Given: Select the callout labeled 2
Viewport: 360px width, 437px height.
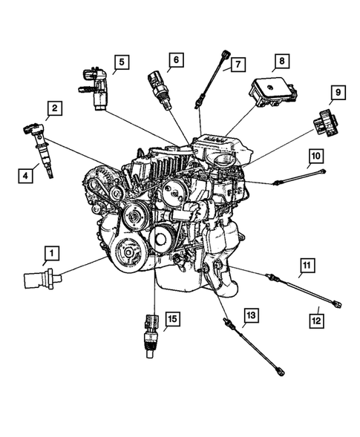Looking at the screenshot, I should click(x=53, y=112).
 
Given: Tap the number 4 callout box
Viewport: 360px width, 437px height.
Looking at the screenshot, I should click(x=26, y=176).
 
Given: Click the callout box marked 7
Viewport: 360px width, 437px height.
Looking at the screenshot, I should click(x=236, y=65).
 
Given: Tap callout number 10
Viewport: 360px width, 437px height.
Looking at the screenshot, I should click(x=315, y=156).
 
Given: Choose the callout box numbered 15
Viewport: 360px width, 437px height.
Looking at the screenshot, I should click(x=171, y=319).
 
